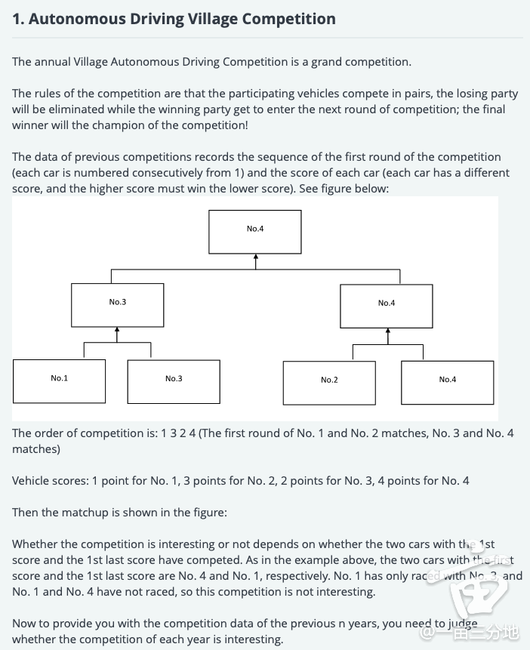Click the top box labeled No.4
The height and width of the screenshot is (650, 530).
tap(255, 231)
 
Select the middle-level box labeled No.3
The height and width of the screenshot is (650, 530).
tap(118, 304)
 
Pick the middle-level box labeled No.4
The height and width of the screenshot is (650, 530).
tap(387, 305)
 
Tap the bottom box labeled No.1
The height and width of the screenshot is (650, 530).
tap(59, 380)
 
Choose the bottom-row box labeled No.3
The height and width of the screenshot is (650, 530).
tap(174, 381)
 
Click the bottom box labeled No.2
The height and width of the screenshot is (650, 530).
tap(329, 382)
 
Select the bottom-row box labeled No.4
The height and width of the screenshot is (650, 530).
tap(448, 382)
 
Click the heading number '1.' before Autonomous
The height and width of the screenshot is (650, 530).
tap(18, 19)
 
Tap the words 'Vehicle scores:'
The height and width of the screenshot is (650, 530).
tap(50, 480)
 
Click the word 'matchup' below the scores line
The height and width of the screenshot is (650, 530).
tap(84, 512)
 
